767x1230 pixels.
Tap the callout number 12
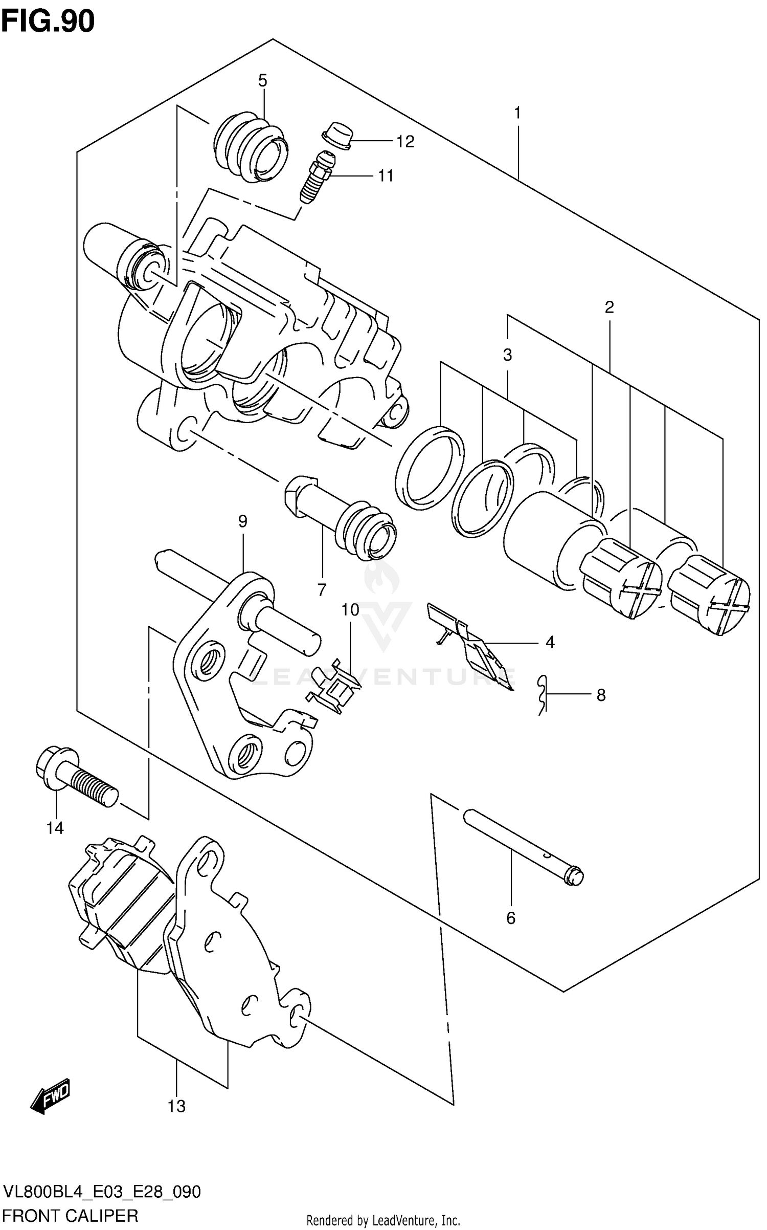[405, 142]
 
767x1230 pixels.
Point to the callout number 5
[262, 80]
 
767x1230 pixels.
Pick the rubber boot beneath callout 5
[249, 147]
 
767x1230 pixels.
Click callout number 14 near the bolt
[55, 827]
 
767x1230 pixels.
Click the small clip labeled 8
[543, 694]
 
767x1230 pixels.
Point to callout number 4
[550, 642]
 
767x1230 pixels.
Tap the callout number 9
[242, 521]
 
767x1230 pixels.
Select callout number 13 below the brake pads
[176, 1106]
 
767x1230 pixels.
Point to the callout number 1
[517, 113]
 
